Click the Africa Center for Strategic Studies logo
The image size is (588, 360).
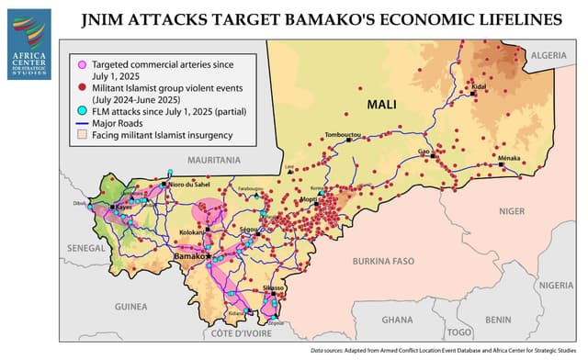pyautogui.click(x=28, y=32)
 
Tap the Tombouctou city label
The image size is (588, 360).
pyautogui.click(x=346, y=135)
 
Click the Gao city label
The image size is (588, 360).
pyautogui.click(x=424, y=151)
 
